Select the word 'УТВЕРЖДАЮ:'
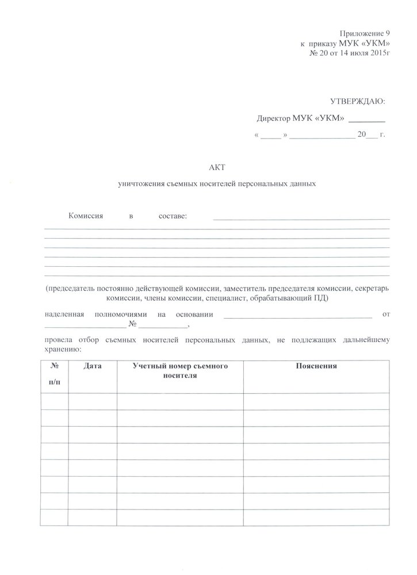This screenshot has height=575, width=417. [357, 102]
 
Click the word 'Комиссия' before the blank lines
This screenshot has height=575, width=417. [85, 216]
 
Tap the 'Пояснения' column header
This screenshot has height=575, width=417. [316, 366]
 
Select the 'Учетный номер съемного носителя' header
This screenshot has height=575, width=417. [180, 370]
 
